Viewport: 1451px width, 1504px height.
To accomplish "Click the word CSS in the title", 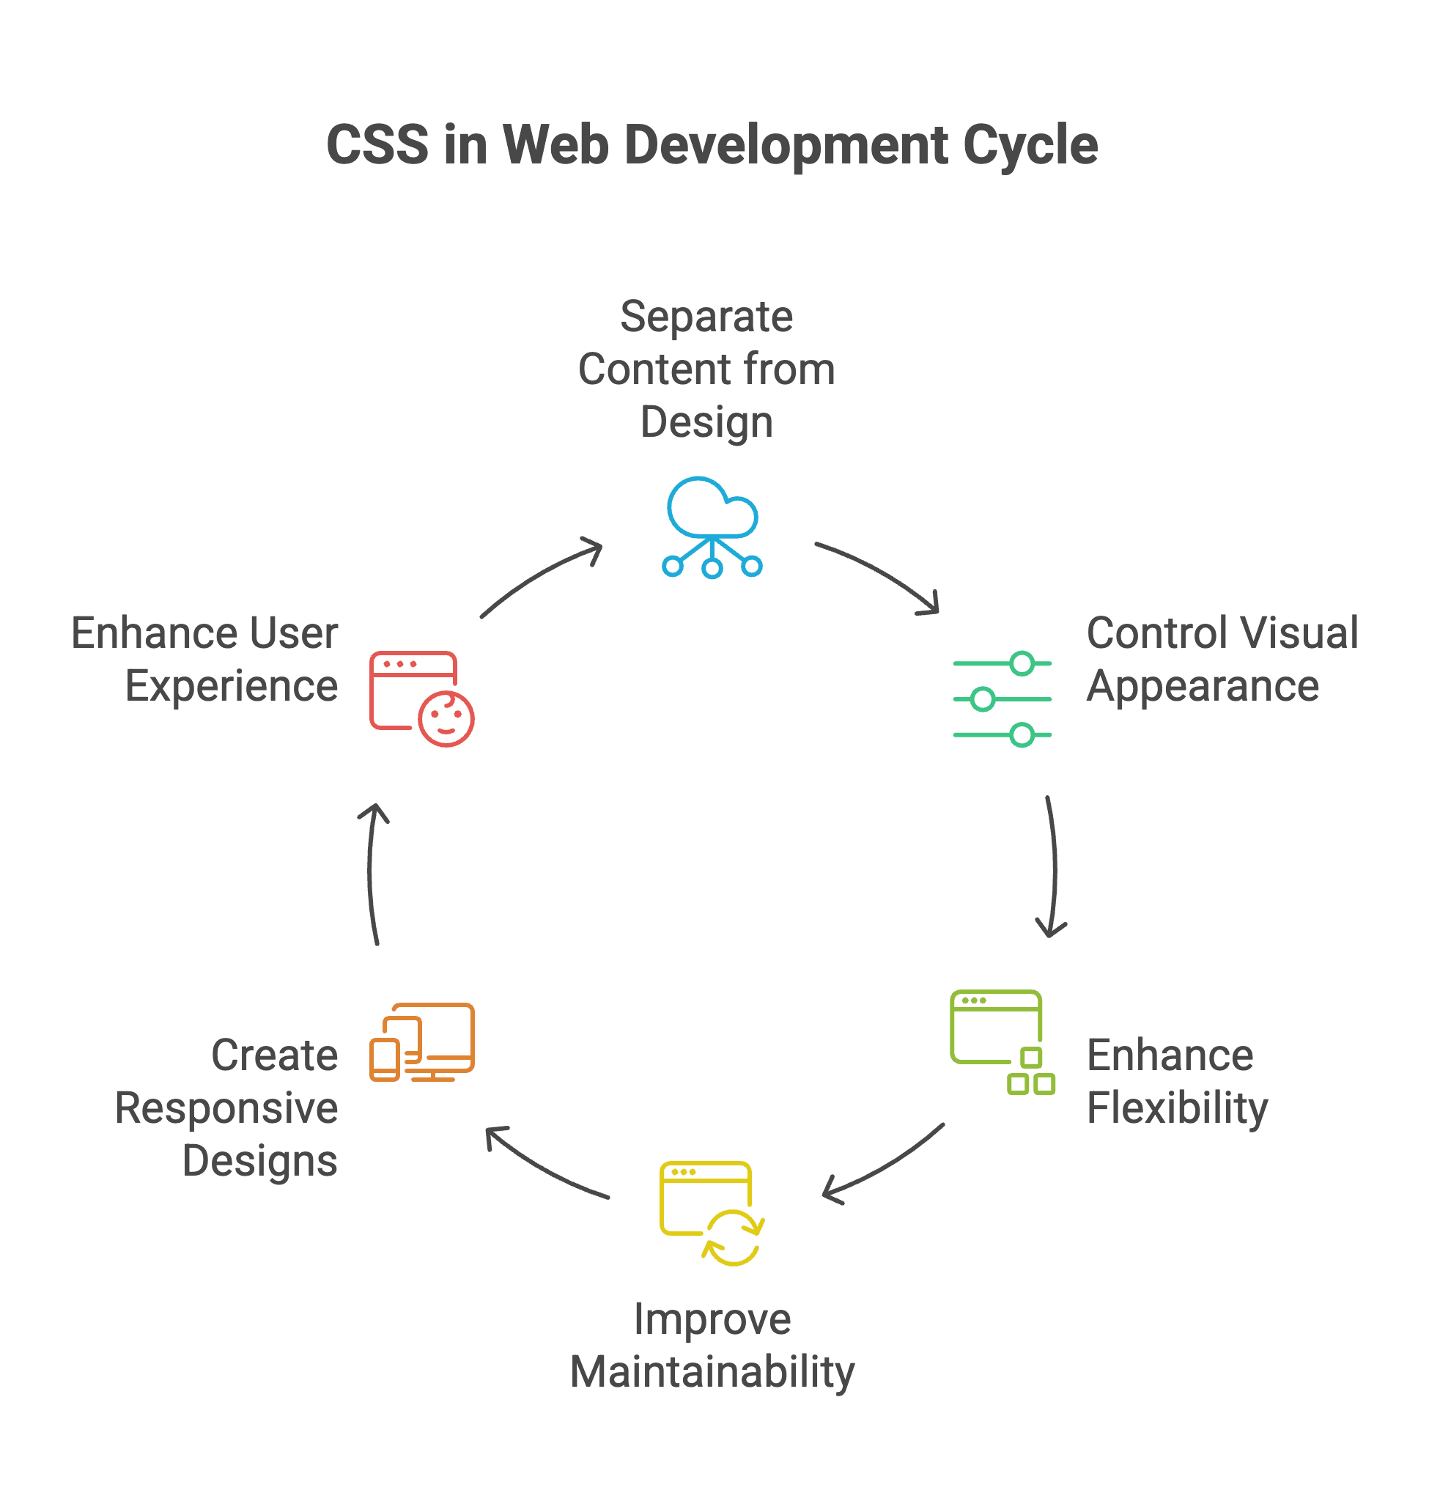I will (x=377, y=145).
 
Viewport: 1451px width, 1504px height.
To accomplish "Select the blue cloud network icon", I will (x=712, y=527).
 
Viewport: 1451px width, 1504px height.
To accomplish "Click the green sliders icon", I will (x=1001, y=699).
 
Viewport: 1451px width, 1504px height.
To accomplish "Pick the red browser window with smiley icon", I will (x=421, y=698).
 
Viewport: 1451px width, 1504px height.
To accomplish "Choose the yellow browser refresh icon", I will (x=712, y=1213).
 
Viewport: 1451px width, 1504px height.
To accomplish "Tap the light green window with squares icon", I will (x=1001, y=1042).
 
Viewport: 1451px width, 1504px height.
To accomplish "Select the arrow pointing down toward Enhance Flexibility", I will (x=1052, y=867).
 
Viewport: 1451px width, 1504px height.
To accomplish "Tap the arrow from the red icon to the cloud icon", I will (x=540, y=575).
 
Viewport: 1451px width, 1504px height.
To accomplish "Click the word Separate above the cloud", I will (x=706, y=316).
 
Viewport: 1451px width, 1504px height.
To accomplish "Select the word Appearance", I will (x=1203, y=686).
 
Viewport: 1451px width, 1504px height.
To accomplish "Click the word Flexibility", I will (x=1177, y=1108).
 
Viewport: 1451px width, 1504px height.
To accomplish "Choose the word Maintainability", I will (x=712, y=1372).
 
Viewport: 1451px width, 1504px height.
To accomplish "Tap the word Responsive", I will (x=226, y=1108).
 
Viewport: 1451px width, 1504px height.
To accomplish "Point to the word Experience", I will (x=231, y=686).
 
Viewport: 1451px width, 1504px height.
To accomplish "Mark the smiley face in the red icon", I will (x=446, y=718).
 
